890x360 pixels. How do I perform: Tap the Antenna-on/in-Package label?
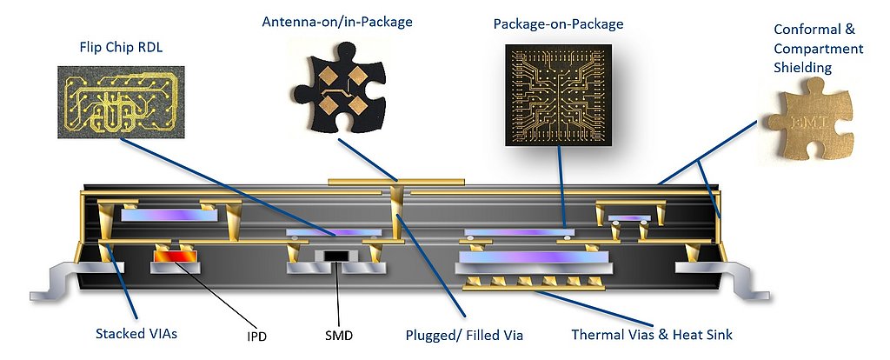click(337, 21)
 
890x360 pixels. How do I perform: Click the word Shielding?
click(802, 67)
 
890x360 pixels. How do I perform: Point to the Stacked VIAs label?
click(137, 333)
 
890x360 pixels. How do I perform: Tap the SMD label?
click(339, 333)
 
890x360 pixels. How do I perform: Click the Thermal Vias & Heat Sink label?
click(652, 333)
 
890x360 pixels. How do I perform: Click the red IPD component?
click(176, 257)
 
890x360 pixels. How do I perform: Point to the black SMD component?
click(335, 256)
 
